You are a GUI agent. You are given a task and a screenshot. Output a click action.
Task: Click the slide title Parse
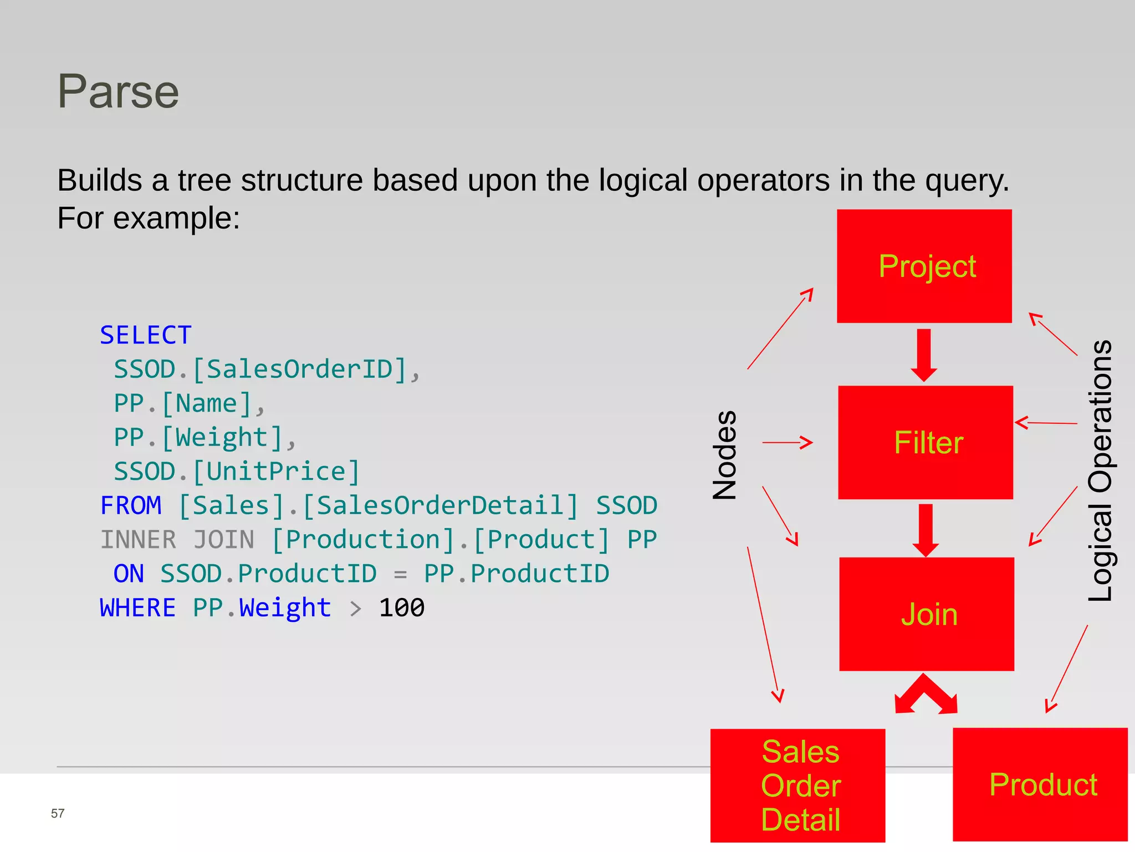tap(118, 92)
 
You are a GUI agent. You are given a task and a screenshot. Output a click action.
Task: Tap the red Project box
tap(924, 266)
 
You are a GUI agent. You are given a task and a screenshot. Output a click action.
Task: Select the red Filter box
tap(926, 443)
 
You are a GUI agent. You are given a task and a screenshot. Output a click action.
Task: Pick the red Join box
tap(927, 614)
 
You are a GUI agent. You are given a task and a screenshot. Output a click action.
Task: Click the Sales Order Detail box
tap(798, 785)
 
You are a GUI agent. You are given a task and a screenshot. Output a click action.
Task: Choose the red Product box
tap(1040, 784)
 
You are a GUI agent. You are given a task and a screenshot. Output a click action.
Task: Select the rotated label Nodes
tap(725, 455)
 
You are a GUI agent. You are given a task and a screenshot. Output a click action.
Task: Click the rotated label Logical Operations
tap(1101, 470)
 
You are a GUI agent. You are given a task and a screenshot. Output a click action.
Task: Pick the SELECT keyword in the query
tap(146, 335)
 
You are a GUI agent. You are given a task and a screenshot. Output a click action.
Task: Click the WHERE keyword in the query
tap(138, 608)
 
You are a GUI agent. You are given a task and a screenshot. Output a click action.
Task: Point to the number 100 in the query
tap(402, 608)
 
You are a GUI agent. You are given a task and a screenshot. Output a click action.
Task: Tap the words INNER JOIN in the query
tap(177, 540)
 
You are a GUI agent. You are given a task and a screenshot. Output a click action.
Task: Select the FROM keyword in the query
tap(131, 506)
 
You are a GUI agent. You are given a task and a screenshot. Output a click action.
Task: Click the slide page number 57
tap(58, 813)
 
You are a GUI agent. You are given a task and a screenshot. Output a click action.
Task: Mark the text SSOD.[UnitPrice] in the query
tap(237, 471)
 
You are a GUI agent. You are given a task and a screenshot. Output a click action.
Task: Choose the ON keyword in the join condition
tap(129, 574)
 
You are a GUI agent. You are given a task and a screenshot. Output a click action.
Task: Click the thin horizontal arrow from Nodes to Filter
tap(787, 443)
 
